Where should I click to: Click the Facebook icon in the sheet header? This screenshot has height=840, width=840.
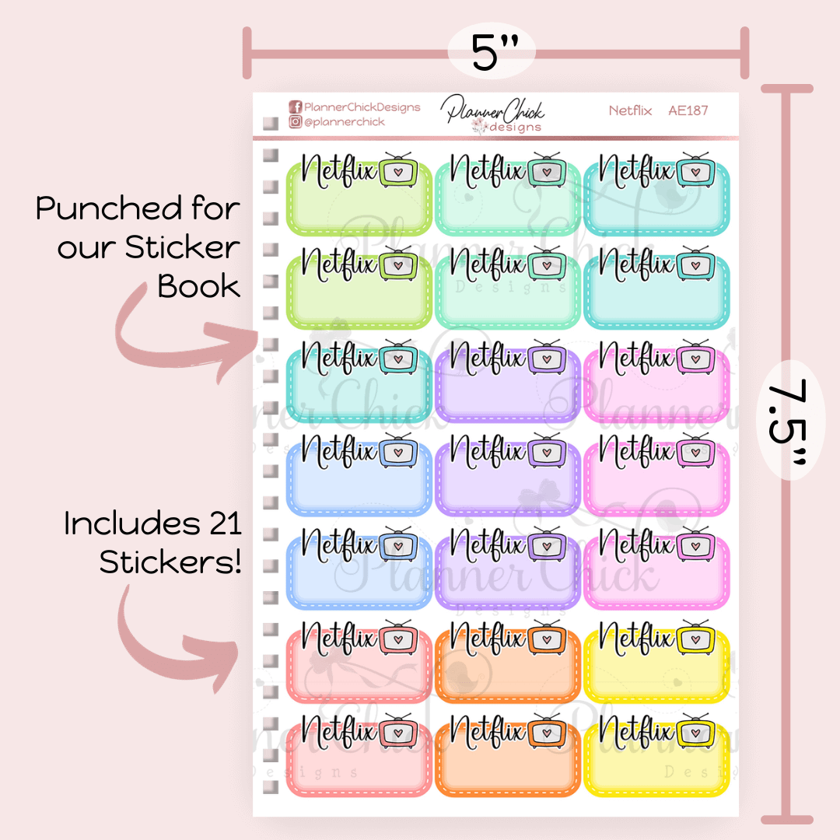pyautogui.click(x=296, y=107)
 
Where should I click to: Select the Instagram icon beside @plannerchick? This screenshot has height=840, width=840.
pyautogui.click(x=296, y=122)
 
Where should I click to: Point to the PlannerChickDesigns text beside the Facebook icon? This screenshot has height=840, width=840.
pyautogui.click(x=362, y=107)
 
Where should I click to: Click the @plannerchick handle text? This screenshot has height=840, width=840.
pyautogui.click(x=344, y=122)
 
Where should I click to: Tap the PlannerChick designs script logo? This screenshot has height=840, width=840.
pyautogui.click(x=493, y=114)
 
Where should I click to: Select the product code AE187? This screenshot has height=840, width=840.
pyautogui.click(x=688, y=110)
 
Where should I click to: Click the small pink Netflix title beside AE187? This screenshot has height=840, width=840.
pyautogui.click(x=630, y=110)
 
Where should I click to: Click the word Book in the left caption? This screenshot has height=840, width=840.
pyautogui.click(x=198, y=286)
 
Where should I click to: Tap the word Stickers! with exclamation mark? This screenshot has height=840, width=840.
pyautogui.click(x=170, y=562)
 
